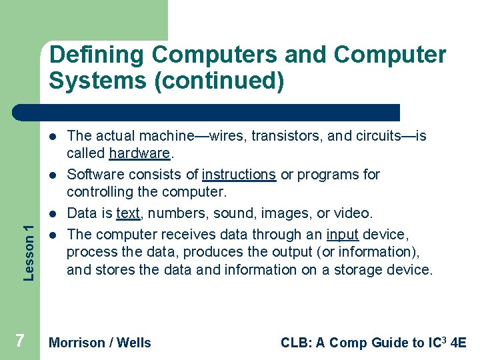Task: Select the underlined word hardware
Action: tap(139, 153)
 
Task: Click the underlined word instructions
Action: tap(239, 175)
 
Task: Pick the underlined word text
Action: tap(127, 213)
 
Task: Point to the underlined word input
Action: tap(342, 235)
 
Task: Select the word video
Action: tap(355, 213)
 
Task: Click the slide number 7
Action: tap(20, 341)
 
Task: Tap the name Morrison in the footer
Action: tap(77, 343)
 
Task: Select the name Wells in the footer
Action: tap(134, 343)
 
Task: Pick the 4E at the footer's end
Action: tap(458, 343)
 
